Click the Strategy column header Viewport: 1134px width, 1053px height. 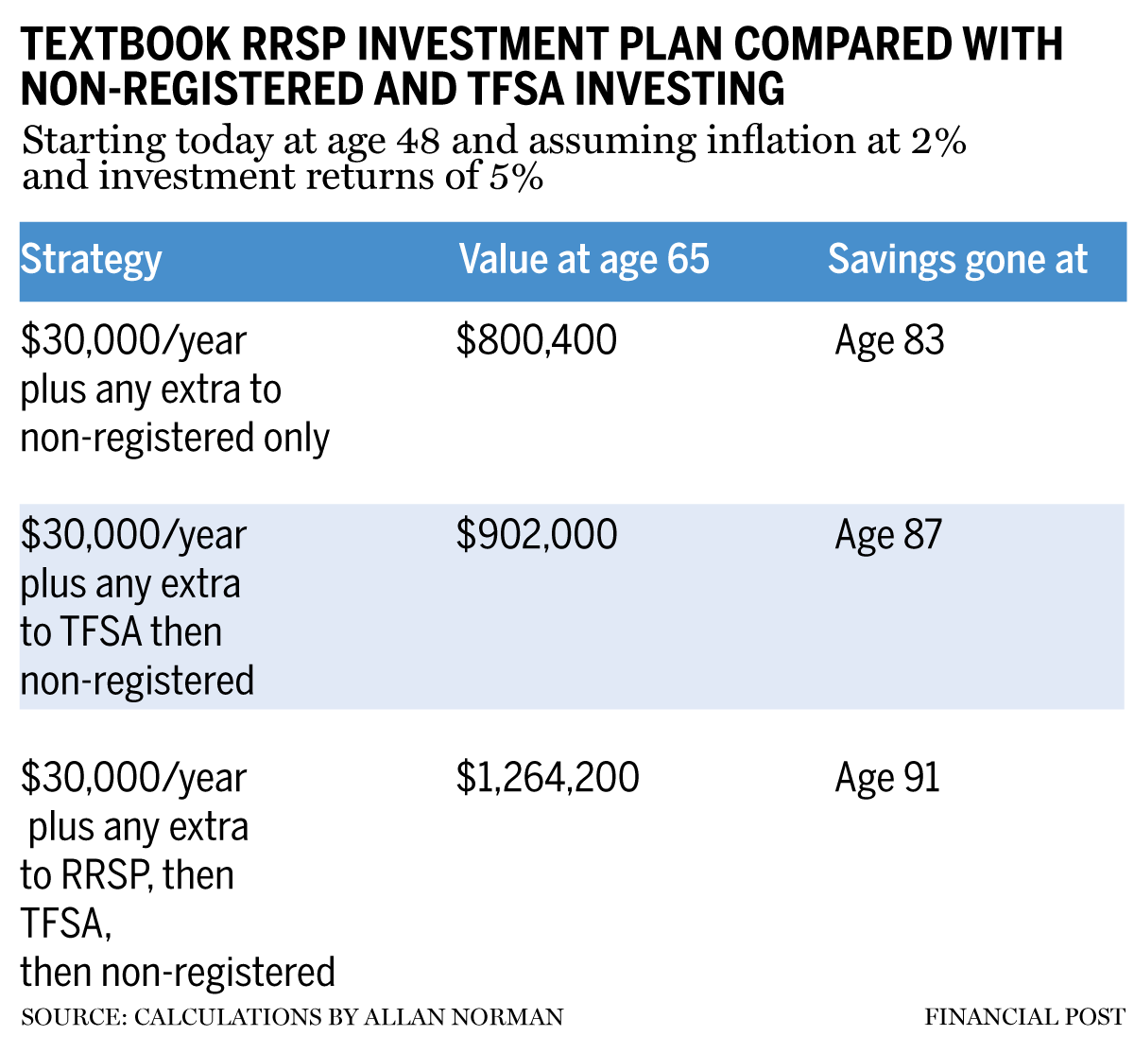pyautogui.click(x=91, y=260)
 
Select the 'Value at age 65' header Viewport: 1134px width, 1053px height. pyautogui.click(x=584, y=259)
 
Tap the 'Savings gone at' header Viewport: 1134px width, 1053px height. pyautogui.click(x=957, y=259)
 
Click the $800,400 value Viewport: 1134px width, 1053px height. pyautogui.click(x=536, y=340)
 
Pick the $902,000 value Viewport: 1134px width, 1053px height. pyautogui.click(x=536, y=535)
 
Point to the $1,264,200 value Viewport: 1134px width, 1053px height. pyautogui.click(x=547, y=778)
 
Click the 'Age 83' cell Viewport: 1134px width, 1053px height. pyautogui.click(x=889, y=340)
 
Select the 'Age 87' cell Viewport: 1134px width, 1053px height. pyautogui.click(x=888, y=535)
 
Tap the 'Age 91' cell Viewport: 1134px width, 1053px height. pyautogui.click(x=886, y=778)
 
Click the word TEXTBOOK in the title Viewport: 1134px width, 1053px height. pyautogui.click(x=125, y=44)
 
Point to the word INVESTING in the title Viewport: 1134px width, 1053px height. pyautogui.click(x=679, y=89)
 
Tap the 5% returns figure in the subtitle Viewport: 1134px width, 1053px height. pyautogui.click(x=516, y=177)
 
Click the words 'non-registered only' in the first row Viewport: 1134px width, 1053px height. pyautogui.click(x=175, y=439)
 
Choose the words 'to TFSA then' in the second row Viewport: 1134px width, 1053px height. pyautogui.click(x=121, y=632)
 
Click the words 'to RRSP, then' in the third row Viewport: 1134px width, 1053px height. pyautogui.click(x=128, y=875)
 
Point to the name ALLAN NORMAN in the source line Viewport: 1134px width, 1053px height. pyautogui.click(x=464, y=1017)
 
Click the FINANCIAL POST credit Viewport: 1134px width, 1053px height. pyautogui.click(x=1024, y=1017)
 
